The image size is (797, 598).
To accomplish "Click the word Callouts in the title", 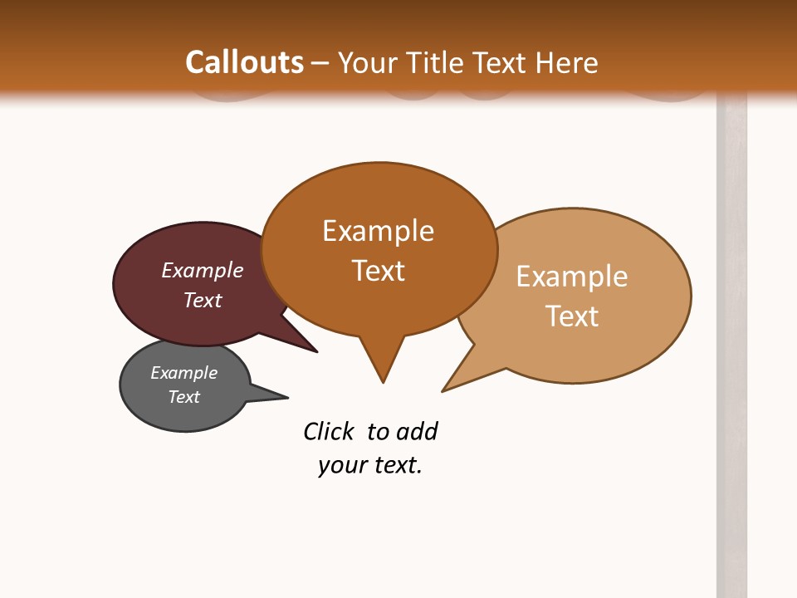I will (x=244, y=63).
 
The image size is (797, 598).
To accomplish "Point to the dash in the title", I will (x=320, y=63).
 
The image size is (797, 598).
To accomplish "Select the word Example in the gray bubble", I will (x=183, y=373).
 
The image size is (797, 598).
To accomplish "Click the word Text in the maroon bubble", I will (x=203, y=300).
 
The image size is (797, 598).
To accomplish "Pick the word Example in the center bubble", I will (x=378, y=231).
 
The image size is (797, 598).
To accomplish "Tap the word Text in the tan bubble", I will (x=572, y=316).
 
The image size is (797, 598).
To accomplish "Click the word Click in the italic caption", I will (x=328, y=431).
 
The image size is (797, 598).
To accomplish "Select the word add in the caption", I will (x=417, y=431).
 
